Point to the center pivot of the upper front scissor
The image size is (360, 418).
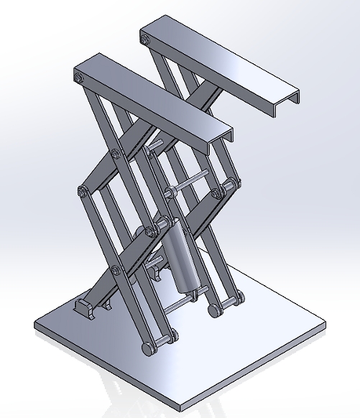[115, 153]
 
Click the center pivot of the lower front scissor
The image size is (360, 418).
[116, 270]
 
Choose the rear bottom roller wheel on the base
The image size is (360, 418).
[213, 310]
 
